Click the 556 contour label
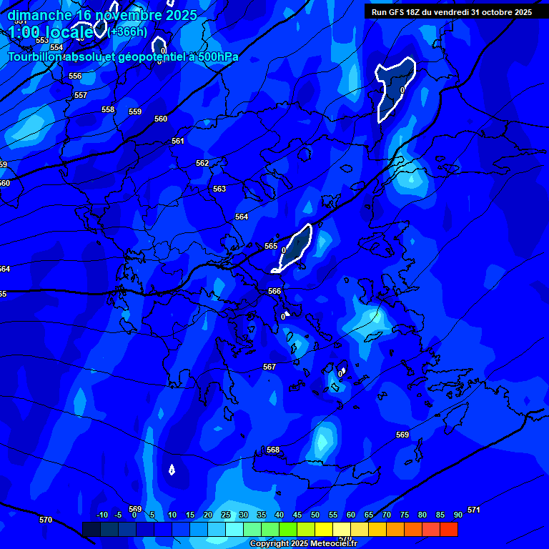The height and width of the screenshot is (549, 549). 75,76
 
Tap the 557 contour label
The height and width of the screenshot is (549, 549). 81,95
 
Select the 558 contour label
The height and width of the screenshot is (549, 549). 108,109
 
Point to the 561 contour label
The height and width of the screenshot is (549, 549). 178,141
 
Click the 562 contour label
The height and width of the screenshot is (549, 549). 202,163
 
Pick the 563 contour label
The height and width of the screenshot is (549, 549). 219,189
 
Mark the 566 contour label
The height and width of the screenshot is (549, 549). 274,291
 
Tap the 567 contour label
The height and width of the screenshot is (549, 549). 269,367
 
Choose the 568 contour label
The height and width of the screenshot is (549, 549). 273,450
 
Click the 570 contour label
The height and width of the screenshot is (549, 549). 46,520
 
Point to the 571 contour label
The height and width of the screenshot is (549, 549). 473,510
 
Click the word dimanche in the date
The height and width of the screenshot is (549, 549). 39,15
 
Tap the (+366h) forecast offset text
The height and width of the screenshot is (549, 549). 128,31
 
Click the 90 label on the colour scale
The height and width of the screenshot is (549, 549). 458,515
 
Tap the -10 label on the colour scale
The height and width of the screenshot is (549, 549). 102,515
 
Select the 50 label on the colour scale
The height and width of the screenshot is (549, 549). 315,515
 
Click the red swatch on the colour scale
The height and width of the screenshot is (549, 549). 449,529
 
